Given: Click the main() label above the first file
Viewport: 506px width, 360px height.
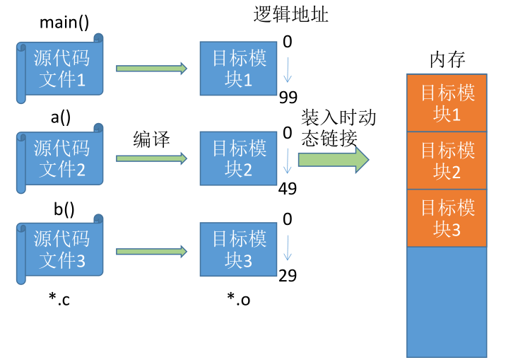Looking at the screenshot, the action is (x=64, y=23).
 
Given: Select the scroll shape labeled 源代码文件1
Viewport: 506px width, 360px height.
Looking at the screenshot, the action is (x=60, y=69).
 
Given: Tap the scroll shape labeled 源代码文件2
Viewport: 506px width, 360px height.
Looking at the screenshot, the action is (x=60, y=158).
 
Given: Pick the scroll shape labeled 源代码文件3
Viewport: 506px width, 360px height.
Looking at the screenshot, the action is (x=60, y=249).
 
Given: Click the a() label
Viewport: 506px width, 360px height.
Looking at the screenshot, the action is (x=60, y=117).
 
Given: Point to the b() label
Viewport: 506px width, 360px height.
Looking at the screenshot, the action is (x=64, y=209).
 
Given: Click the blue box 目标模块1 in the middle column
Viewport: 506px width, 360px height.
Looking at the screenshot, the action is (x=238, y=69).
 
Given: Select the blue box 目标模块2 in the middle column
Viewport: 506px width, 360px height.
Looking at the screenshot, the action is (x=238, y=158).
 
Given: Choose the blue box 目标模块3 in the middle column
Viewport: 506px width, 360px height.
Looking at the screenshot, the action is (x=238, y=249).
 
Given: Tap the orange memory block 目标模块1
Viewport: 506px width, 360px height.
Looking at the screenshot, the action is (x=447, y=103).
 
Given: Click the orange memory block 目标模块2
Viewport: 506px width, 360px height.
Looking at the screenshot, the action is (x=447, y=161).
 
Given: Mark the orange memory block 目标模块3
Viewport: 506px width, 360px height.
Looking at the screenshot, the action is (x=447, y=218).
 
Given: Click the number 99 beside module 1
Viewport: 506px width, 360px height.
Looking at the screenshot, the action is (x=288, y=97).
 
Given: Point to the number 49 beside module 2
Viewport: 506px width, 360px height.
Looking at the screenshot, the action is (x=288, y=189).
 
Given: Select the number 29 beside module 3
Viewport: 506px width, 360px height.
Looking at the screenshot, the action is (x=288, y=276).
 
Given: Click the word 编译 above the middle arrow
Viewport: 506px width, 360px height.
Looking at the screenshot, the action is (x=152, y=139).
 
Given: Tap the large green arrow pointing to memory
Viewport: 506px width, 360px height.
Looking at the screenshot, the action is (x=334, y=160).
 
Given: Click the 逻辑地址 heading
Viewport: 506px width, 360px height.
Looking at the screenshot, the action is (x=290, y=15).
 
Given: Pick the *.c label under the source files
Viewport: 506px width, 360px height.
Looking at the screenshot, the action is (x=59, y=299).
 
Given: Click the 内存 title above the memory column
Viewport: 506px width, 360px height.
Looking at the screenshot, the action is (x=447, y=59).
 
